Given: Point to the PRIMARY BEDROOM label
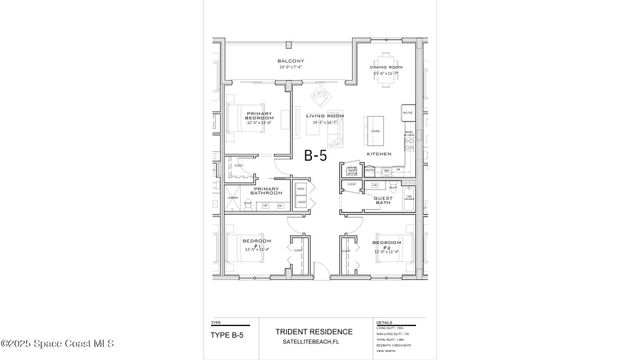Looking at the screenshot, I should point(259,117).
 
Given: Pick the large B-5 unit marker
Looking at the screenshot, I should point(317,155).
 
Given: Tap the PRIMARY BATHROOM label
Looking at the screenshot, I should point(266,190).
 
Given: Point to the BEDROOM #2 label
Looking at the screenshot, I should point(387,243).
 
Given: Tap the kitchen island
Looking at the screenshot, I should point(375,128).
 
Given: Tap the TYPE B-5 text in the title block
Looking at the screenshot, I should point(229,334).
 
